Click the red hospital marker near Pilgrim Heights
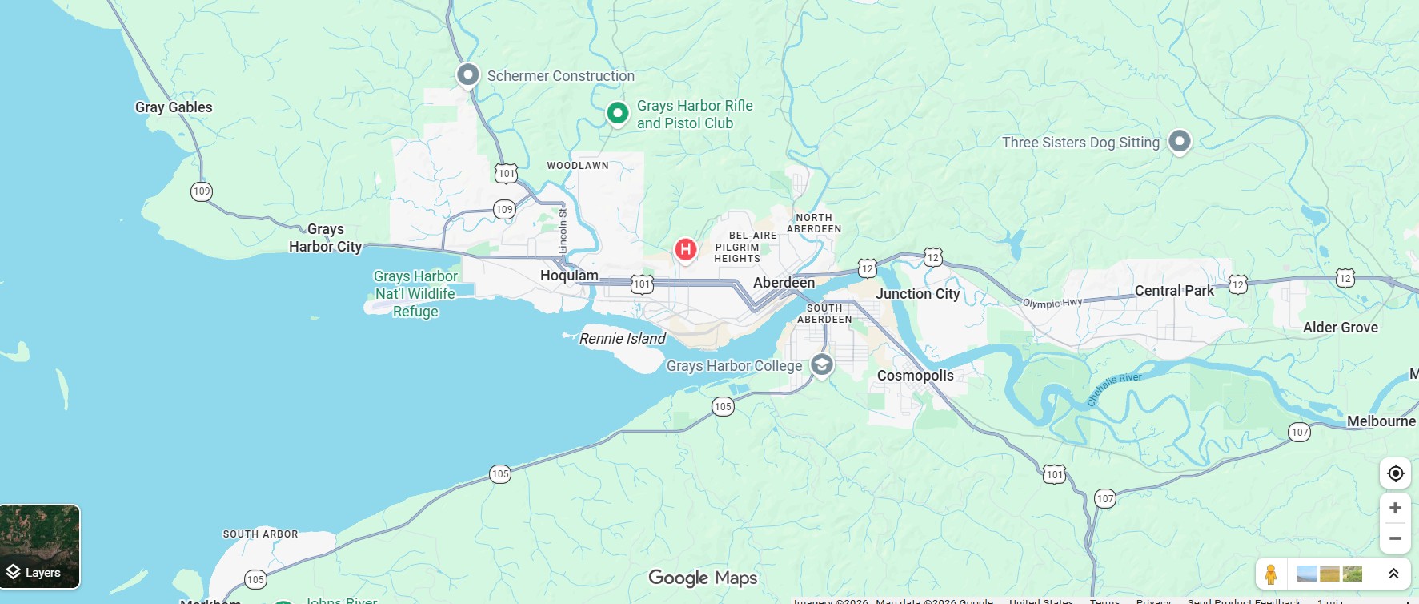coord(685,249)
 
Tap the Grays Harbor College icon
coord(821,364)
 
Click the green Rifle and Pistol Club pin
coord(617,113)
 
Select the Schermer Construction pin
coord(467,75)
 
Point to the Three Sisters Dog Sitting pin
coord(1179,142)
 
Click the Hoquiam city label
coord(569,276)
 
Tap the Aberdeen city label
coord(784,283)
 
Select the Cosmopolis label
coord(915,376)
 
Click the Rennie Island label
coord(622,339)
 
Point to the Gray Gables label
coord(174,107)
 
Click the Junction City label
coord(917,294)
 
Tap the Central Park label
coord(1174,291)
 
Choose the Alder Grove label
coord(1340,328)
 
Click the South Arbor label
coord(260,534)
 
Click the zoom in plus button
coord(1395,508)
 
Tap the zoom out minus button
coord(1395,538)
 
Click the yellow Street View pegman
coord(1270,574)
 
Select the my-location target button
coord(1395,473)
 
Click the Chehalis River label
coord(1114,389)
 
